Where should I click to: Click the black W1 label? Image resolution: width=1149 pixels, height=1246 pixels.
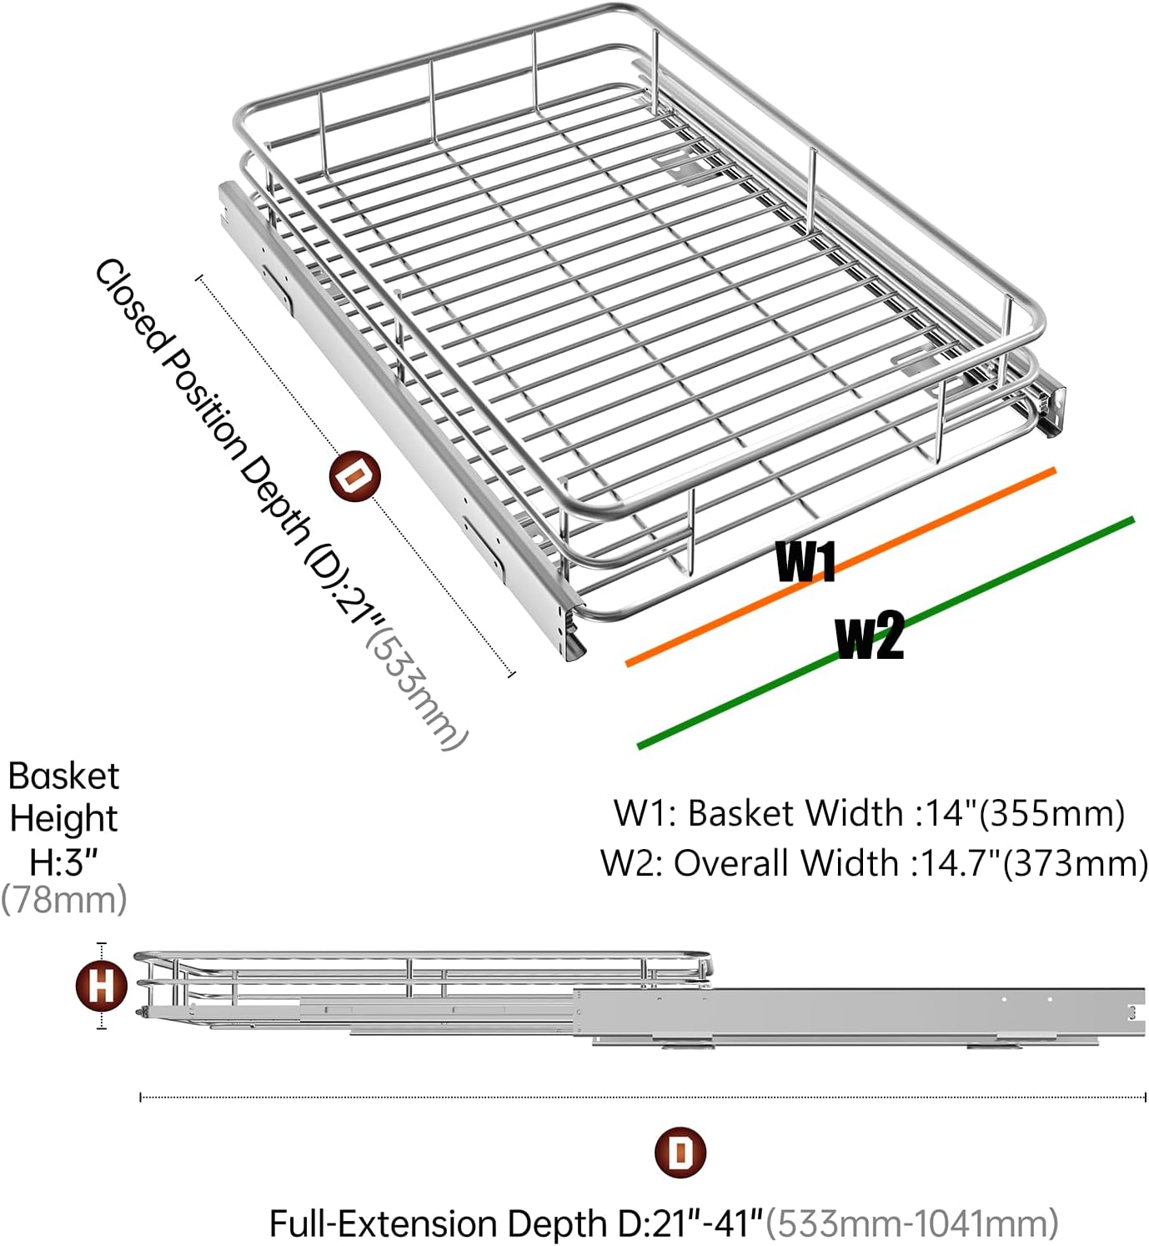pyautogui.click(x=805, y=561)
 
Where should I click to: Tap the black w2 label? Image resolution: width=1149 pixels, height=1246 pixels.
pyautogui.click(x=870, y=636)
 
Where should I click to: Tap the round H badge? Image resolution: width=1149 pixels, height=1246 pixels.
pyautogui.click(x=102, y=986)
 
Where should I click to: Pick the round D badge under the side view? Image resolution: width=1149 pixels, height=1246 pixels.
pyautogui.click(x=681, y=1153)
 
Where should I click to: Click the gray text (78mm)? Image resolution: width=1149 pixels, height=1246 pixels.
pyautogui.click(x=64, y=900)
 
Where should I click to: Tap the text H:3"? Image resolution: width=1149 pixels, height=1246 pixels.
pyautogui.click(x=64, y=862)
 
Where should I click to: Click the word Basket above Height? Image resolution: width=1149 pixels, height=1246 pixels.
pyautogui.click(x=64, y=776)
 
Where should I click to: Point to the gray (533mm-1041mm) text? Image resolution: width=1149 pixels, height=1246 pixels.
pyautogui.click(x=912, y=1223)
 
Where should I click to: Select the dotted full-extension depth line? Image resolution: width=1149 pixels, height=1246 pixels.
pyautogui.click(x=642, y=1097)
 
